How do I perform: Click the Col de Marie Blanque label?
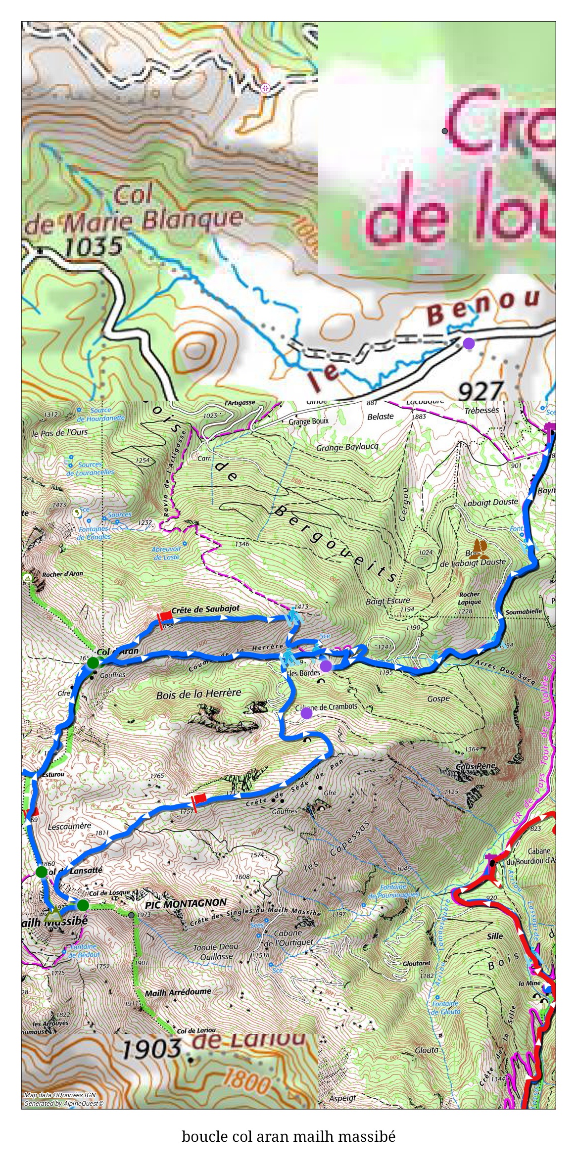pos(134,213)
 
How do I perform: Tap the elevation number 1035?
pos(94,246)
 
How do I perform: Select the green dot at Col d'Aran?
pos(93,663)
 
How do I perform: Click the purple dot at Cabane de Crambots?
pos(306,713)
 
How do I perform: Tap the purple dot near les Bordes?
pos(325,666)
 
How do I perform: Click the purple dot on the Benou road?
pos(468,343)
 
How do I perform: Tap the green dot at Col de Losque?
pos(83,905)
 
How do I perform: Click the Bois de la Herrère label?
pos(198,694)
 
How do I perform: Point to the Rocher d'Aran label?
pos(62,574)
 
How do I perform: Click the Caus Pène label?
pos(477,766)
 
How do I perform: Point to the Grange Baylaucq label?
pos(347,447)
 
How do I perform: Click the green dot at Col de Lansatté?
pos(42,871)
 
